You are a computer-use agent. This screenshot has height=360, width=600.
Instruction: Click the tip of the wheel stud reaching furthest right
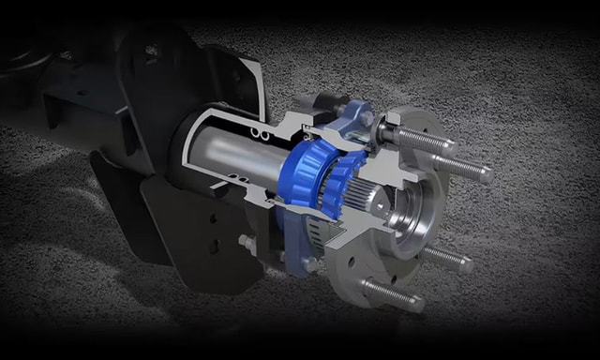(487, 172)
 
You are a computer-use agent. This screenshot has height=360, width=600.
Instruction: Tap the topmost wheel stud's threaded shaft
(427, 138)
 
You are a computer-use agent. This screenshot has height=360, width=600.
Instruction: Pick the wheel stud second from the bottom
(445, 259)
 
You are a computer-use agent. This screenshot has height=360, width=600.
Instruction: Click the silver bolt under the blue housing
(309, 265)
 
